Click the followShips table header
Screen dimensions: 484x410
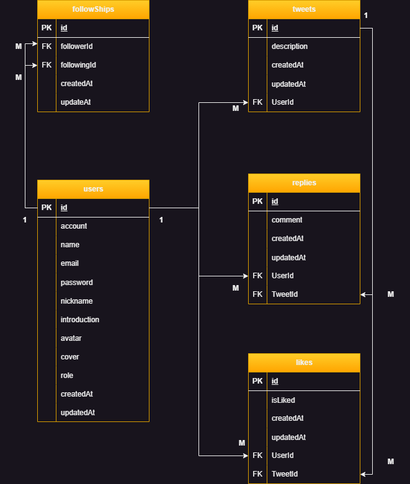point(93,10)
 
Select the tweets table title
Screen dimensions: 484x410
point(304,10)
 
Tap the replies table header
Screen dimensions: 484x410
point(304,183)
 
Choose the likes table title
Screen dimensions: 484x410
point(304,363)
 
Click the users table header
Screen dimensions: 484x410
point(93,189)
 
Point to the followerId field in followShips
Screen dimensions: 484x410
point(77,46)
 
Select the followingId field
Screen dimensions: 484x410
point(78,65)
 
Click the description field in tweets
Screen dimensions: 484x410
point(290,46)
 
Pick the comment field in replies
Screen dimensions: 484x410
point(287,220)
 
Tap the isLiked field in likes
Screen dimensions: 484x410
point(283,400)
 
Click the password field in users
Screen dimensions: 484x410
point(77,283)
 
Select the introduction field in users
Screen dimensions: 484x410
point(80,320)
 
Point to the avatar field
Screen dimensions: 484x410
point(71,338)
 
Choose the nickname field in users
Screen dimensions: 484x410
point(77,301)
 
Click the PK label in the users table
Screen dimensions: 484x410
point(47,208)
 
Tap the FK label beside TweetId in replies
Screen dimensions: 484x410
point(258,294)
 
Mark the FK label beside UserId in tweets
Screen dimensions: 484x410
point(258,102)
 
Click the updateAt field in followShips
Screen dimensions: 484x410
point(76,102)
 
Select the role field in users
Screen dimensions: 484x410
point(67,376)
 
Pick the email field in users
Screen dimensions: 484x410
point(70,263)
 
